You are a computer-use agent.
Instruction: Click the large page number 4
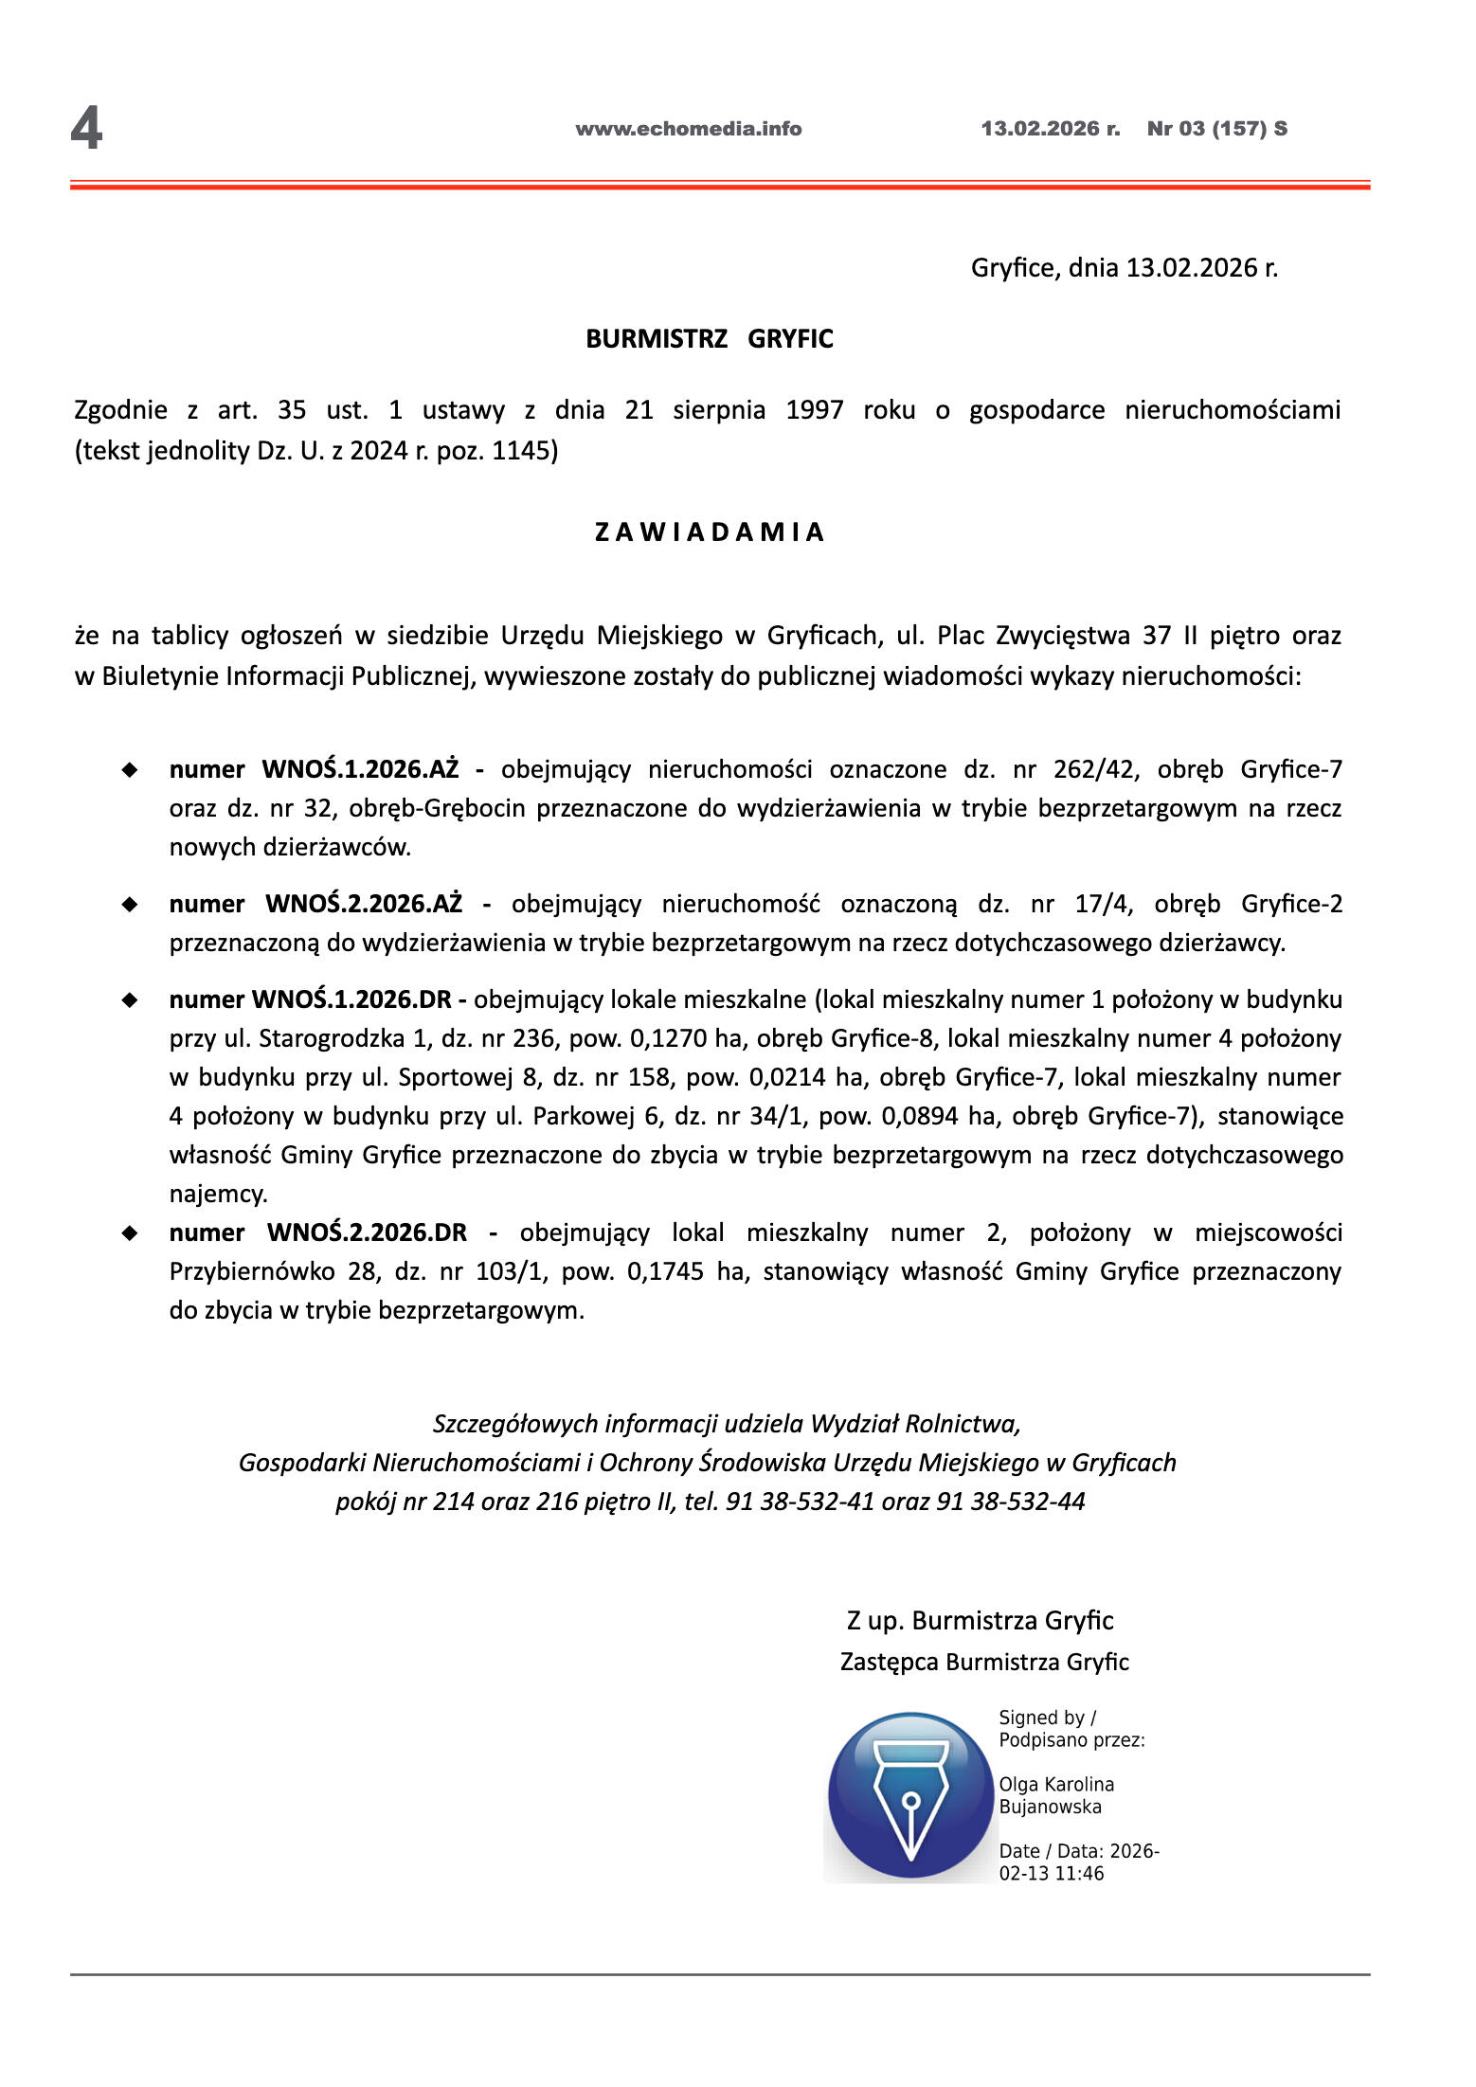(86, 129)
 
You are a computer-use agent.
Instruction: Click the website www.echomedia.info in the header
(689, 129)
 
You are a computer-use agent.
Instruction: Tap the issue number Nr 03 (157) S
(1216, 129)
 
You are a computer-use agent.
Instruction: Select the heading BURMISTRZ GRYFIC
(710, 339)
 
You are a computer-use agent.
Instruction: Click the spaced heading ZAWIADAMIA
(710, 532)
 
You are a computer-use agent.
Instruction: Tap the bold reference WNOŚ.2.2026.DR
(367, 1232)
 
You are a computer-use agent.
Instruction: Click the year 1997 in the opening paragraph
(815, 410)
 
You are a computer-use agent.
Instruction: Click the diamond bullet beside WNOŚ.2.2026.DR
(130, 1232)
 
